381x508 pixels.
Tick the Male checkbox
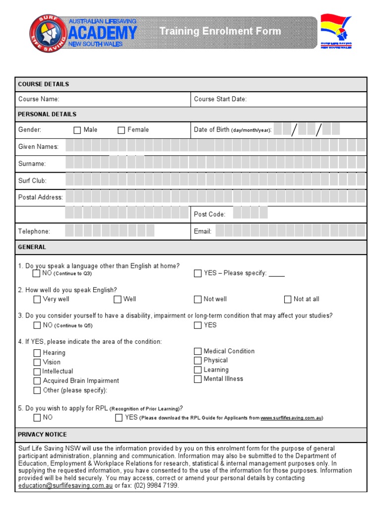pyautogui.click(x=77, y=130)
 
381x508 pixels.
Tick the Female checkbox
pyautogui.click(x=121, y=130)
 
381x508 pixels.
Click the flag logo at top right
pyautogui.click(x=336, y=31)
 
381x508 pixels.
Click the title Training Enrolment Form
pyautogui.click(x=220, y=32)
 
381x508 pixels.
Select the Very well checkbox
pyautogui.click(x=37, y=299)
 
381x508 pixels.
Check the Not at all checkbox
pyautogui.click(x=288, y=299)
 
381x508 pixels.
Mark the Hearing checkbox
pyautogui.click(x=37, y=353)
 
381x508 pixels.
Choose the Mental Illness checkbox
pyautogui.click(x=198, y=379)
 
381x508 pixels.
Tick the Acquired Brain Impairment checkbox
pyautogui.click(x=37, y=381)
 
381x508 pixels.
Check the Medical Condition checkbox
pyautogui.click(x=198, y=351)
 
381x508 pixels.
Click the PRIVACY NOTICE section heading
pyautogui.click(x=42, y=435)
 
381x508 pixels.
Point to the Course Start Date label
pyautogui.click(x=220, y=99)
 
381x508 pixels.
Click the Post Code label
pyautogui.click(x=209, y=214)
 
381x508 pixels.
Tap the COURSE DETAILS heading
pyautogui.click(x=44, y=84)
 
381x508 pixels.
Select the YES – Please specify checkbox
pyautogui.click(x=198, y=273)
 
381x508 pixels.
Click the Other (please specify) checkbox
pyautogui.click(x=37, y=390)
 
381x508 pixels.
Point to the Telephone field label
pyautogui.click(x=34, y=231)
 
